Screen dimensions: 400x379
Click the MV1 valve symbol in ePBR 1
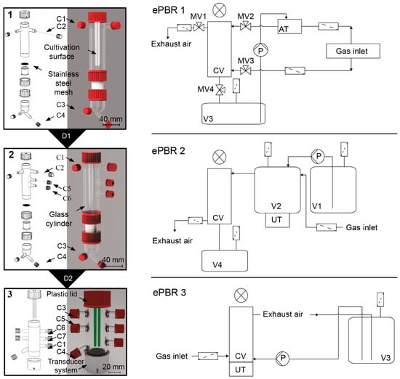(x=199, y=27)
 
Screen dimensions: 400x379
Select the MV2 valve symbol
(x=246, y=26)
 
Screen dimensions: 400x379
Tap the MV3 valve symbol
(x=246, y=70)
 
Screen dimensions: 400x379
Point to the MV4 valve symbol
(x=220, y=89)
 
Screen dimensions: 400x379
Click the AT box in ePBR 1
(x=289, y=26)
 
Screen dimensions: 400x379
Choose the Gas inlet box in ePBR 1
(x=353, y=52)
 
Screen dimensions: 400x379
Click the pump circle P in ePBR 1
(x=260, y=50)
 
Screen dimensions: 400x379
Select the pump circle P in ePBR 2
(x=318, y=156)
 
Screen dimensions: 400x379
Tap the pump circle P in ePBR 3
(x=283, y=359)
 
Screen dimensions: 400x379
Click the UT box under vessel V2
(x=277, y=220)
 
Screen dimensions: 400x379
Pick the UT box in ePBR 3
(x=241, y=369)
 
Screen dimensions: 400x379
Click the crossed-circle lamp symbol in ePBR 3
(x=241, y=296)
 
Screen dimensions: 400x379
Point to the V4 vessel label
(x=217, y=265)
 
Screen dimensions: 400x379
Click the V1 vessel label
(x=317, y=206)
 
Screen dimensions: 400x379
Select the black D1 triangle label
(x=67, y=137)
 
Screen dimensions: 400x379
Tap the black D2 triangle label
(x=68, y=279)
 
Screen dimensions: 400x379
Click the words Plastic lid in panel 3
(x=62, y=294)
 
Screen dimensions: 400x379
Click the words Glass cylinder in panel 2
(x=59, y=219)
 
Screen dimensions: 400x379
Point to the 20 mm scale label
(x=113, y=367)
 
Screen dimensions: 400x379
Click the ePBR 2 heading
(x=169, y=151)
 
